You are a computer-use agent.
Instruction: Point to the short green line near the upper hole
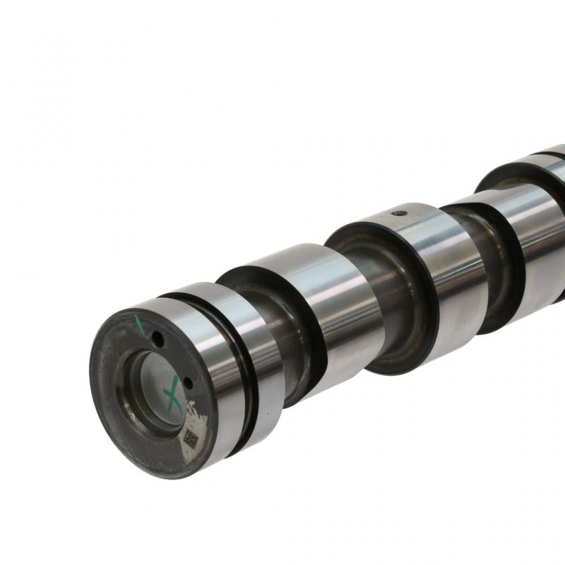pos(140,325)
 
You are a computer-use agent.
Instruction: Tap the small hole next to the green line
pos(157,340)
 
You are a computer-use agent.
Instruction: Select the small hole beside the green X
pos(188,383)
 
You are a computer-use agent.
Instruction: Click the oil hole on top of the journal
pos(400,212)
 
